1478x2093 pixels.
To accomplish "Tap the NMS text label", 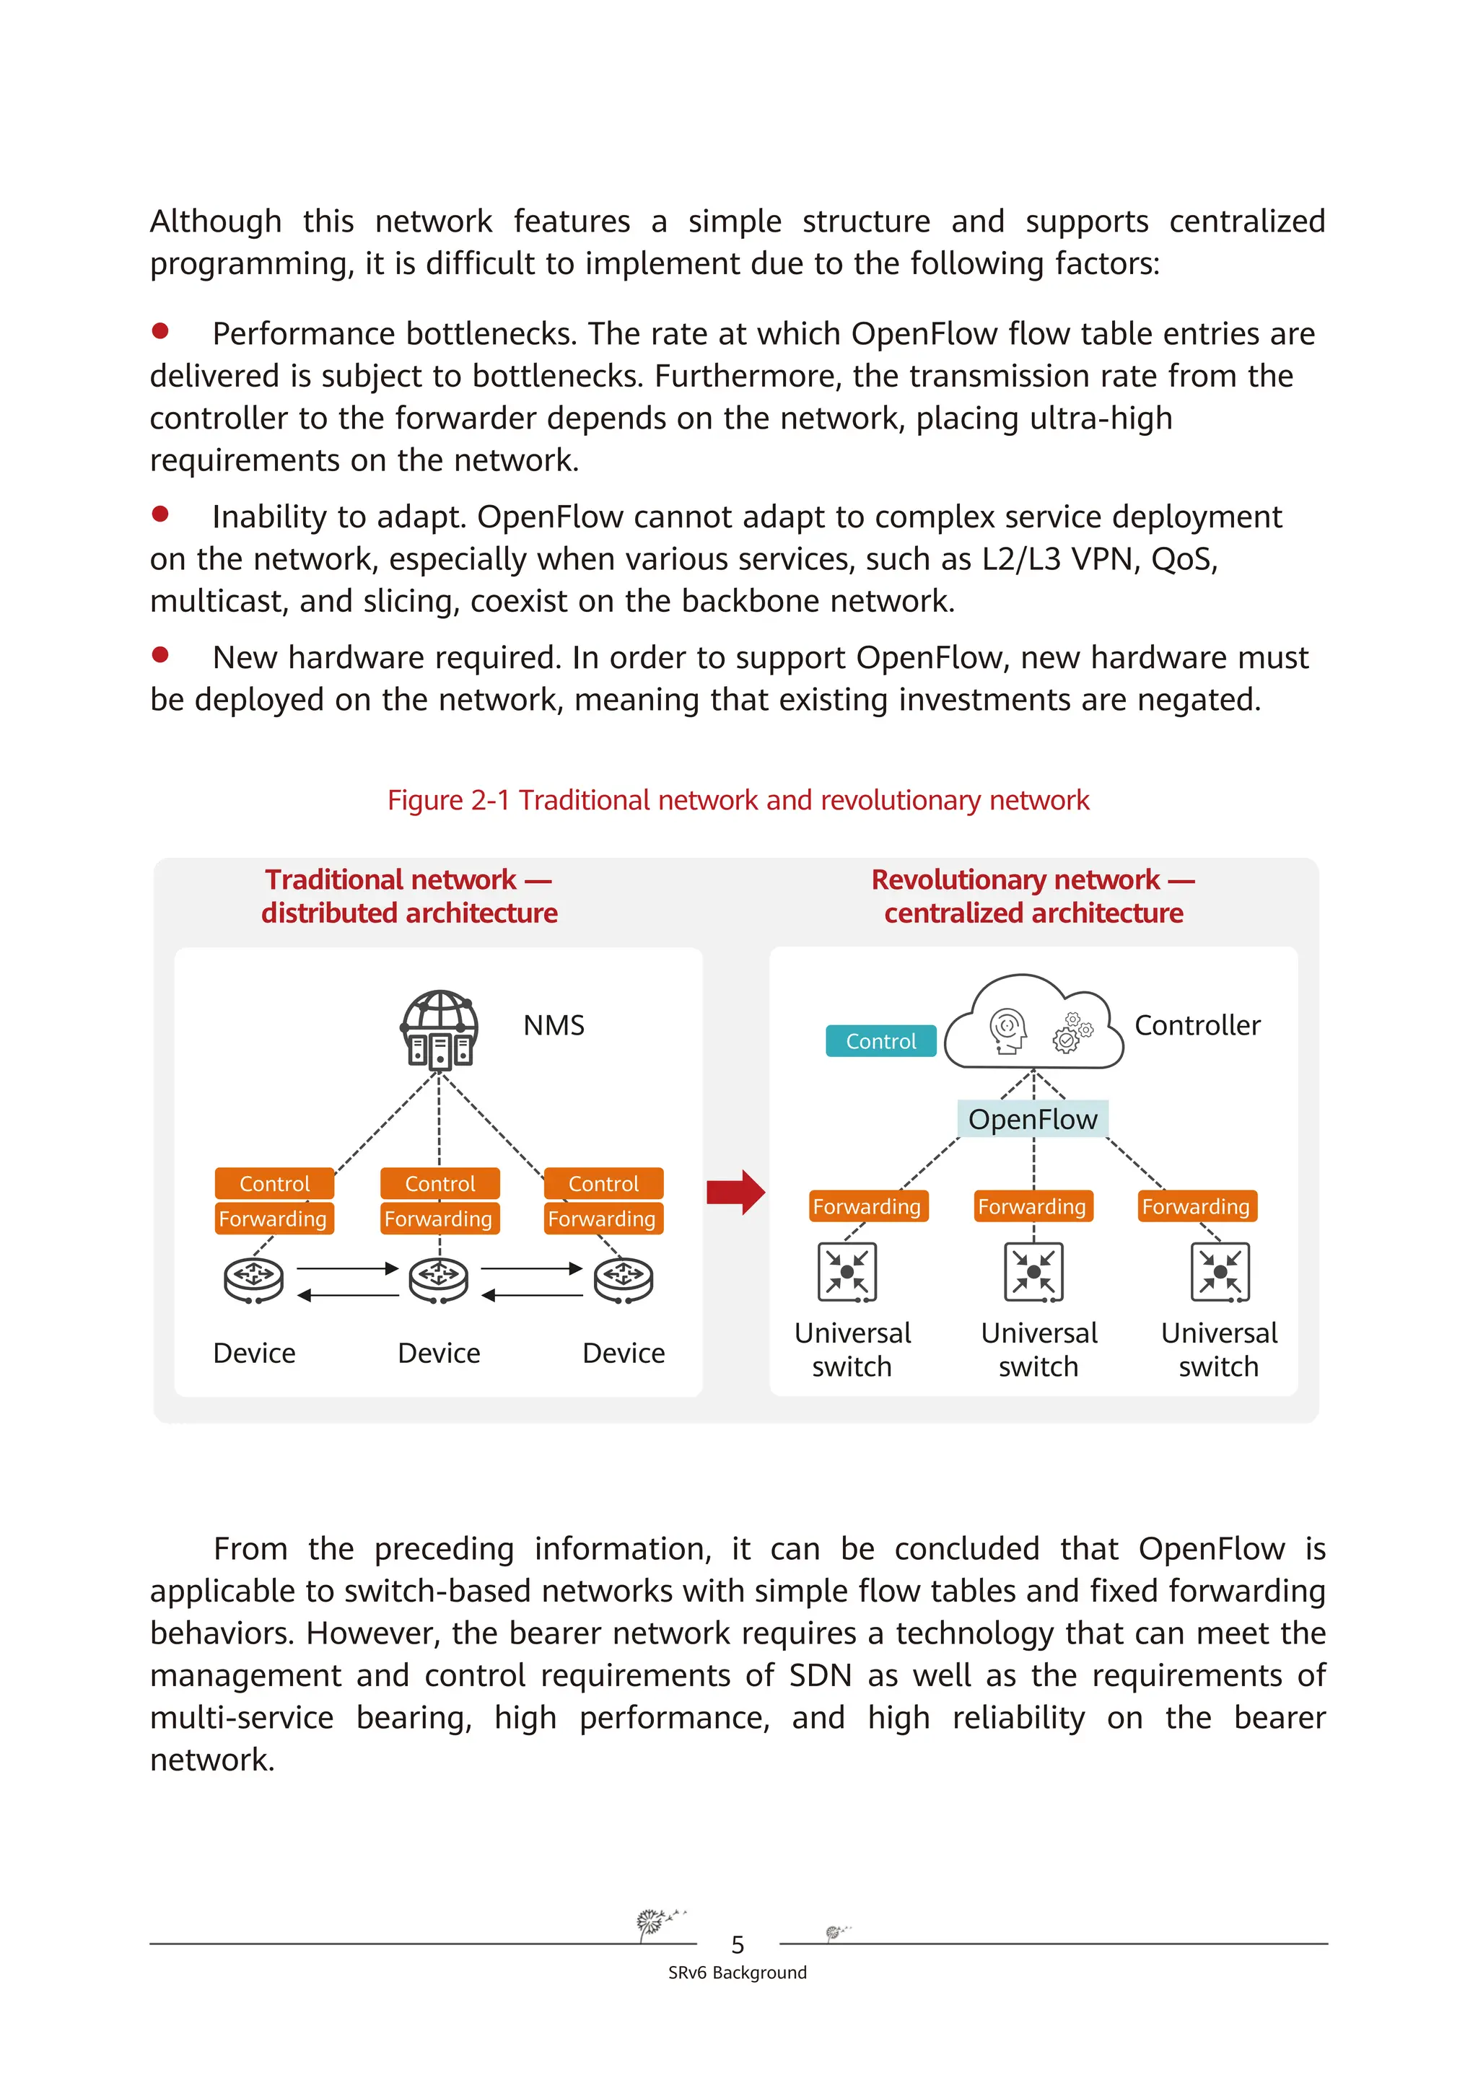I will click(x=554, y=1025).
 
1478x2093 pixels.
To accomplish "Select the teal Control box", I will click(x=880, y=1041).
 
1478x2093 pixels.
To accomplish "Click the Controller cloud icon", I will click(x=1033, y=1024).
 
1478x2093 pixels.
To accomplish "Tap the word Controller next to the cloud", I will click(x=1197, y=1025).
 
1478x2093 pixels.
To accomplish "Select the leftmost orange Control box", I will click(x=274, y=1183).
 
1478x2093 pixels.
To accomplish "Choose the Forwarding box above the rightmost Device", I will click(x=603, y=1219).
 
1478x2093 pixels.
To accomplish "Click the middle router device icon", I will click(x=439, y=1279).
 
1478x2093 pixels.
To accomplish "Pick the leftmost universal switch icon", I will click(x=847, y=1272).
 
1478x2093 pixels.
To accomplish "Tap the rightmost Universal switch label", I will click(x=1218, y=1349).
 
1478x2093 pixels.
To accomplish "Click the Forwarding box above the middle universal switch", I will click(x=1032, y=1206).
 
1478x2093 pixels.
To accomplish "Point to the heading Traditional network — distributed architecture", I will click(x=409, y=896).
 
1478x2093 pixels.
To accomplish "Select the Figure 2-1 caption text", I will click(x=738, y=799).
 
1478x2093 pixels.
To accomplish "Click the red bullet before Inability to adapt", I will click(x=160, y=514).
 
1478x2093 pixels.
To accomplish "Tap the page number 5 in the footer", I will click(x=738, y=1944).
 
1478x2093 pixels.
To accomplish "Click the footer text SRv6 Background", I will click(x=738, y=1973).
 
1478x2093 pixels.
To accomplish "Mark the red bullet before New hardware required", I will click(x=160, y=654).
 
